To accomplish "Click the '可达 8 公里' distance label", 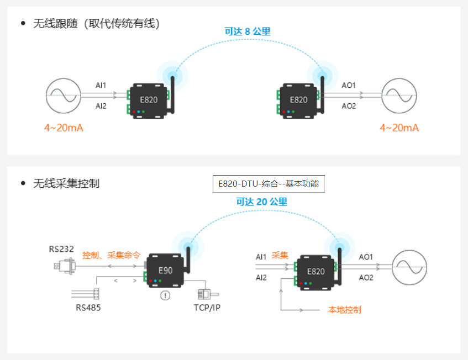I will (248, 31).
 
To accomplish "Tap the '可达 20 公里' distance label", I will (262, 202).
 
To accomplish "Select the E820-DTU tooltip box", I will (269, 184).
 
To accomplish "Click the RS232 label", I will (61, 249).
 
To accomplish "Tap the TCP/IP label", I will (206, 308).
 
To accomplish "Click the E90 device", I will (165, 271).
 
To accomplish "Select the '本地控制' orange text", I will (345, 310).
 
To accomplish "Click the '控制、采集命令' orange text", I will (111, 256).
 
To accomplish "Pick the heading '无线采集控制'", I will (66, 183).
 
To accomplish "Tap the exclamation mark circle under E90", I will (165, 295).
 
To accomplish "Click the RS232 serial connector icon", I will (65, 266).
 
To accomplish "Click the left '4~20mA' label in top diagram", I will (64, 128).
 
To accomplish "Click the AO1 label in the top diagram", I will (349, 86).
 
